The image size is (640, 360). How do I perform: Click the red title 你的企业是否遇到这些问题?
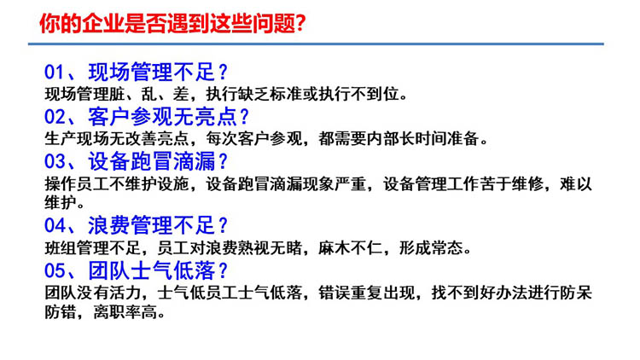pyautogui.click(x=166, y=23)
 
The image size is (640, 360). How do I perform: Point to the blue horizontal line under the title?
pyautogui.click(x=316, y=44)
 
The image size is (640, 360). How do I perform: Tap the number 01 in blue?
pyautogui.click(x=55, y=73)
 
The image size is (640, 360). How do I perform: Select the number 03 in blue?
pyautogui.click(x=55, y=161)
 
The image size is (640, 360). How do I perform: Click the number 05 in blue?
pyautogui.click(x=55, y=270)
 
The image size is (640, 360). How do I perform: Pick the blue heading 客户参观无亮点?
pyautogui.click(x=163, y=117)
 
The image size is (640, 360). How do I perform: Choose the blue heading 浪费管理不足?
pyautogui.click(x=152, y=225)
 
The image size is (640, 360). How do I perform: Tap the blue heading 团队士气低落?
pyautogui.click(x=152, y=270)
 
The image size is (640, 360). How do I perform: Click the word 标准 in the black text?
pyautogui.click(x=286, y=95)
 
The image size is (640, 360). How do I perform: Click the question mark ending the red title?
pyautogui.click(x=300, y=24)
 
